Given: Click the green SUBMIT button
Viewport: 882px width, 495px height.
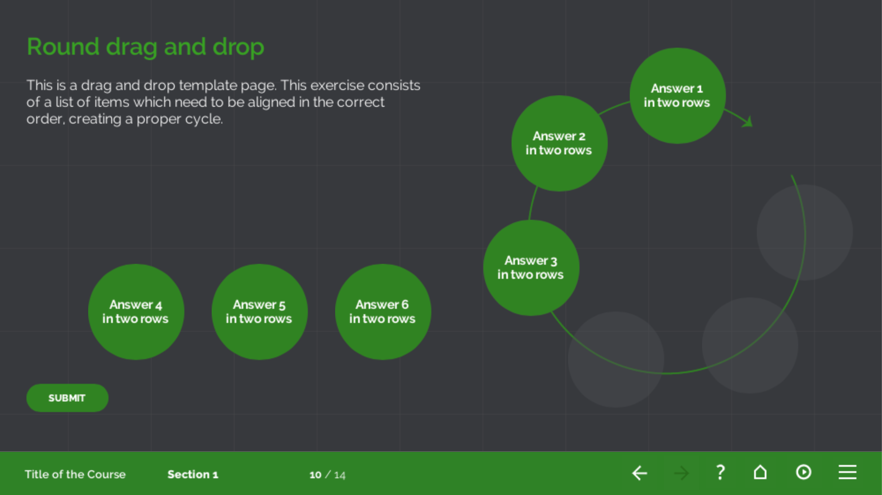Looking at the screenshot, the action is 67,398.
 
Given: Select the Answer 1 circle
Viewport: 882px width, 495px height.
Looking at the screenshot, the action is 677,96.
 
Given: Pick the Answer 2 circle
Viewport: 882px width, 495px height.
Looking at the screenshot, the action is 559,143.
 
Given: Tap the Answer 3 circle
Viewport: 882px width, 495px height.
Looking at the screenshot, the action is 531,268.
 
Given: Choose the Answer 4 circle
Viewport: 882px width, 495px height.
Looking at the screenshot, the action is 136,312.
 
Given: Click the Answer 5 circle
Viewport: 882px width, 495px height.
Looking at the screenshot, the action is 259,312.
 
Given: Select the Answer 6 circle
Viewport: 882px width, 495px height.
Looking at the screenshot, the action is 383,312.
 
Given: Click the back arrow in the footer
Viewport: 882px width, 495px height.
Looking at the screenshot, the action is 639,473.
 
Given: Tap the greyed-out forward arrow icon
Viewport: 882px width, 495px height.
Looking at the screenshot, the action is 681,473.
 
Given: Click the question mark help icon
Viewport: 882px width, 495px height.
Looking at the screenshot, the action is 720,472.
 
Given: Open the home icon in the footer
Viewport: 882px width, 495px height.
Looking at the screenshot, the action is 760,472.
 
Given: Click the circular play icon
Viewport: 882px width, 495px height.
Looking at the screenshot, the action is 804,472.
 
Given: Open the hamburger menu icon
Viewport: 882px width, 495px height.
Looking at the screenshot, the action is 847,472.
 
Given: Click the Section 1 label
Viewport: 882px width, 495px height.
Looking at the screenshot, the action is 193,474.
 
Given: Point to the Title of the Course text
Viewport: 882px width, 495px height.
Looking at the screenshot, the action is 75,474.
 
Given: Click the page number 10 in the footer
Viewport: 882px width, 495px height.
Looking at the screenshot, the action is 315,475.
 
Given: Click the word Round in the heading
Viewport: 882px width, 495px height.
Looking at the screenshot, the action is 63,46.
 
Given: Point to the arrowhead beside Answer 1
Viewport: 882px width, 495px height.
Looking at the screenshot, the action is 747,122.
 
